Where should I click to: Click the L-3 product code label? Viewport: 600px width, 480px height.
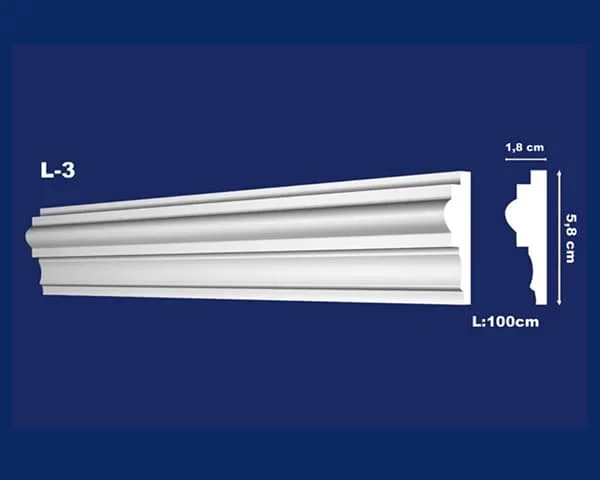58,170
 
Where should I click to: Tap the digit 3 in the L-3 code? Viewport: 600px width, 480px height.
68,170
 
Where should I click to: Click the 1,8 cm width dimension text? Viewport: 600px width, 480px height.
525,147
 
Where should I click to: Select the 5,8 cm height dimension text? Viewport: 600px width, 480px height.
571,238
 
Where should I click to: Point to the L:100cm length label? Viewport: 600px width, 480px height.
505,322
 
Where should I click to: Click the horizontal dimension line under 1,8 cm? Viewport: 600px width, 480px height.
526,159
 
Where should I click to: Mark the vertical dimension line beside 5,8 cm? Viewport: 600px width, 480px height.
559,238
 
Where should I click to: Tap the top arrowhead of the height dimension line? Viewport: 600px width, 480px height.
559,173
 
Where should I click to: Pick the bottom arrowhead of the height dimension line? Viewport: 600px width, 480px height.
559,303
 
